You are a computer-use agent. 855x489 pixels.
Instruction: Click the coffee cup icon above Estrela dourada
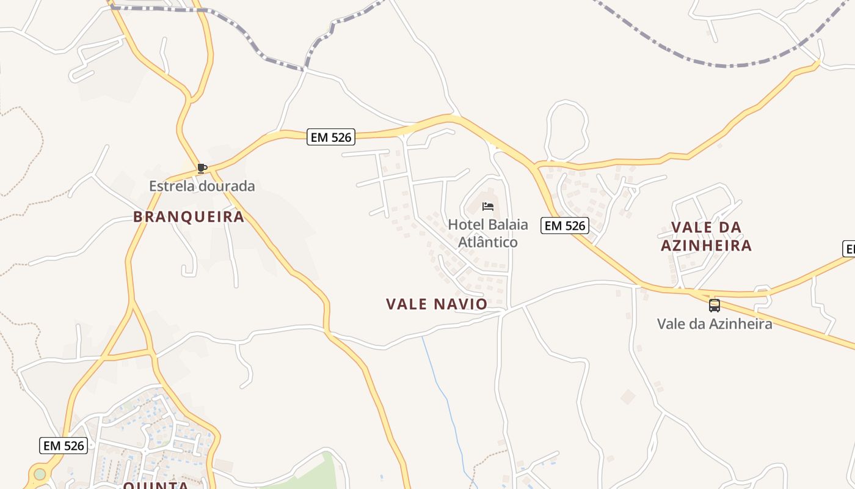coord(202,168)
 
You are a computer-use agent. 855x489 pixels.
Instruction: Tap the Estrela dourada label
coord(202,186)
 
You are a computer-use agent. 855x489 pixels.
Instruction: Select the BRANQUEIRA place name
coord(189,216)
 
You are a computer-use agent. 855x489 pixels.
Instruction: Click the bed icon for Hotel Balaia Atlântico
coord(487,207)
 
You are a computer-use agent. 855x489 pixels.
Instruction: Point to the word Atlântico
coord(488,242)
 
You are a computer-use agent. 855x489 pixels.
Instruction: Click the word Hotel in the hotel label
coord(465,224)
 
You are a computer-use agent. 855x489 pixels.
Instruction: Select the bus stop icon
coord(715,305)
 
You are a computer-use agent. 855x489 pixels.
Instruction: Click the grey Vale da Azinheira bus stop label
coord(715,323)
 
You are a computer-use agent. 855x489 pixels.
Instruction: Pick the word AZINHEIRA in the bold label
coord(706,246)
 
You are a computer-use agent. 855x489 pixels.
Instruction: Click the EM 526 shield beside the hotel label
coord(564,226)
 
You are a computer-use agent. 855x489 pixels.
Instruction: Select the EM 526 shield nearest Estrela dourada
coord(330,138)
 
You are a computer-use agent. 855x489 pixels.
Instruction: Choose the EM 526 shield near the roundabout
coord(64,446)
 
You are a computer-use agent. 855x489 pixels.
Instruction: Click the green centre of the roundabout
coord(40,474)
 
